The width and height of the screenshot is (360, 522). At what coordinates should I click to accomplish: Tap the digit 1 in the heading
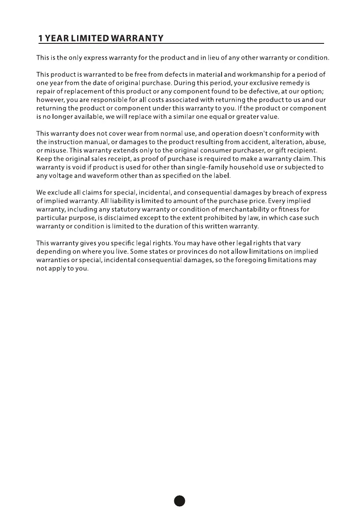(x=40, y=39)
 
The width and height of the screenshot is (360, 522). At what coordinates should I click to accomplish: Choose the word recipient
(x=297, y=150)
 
